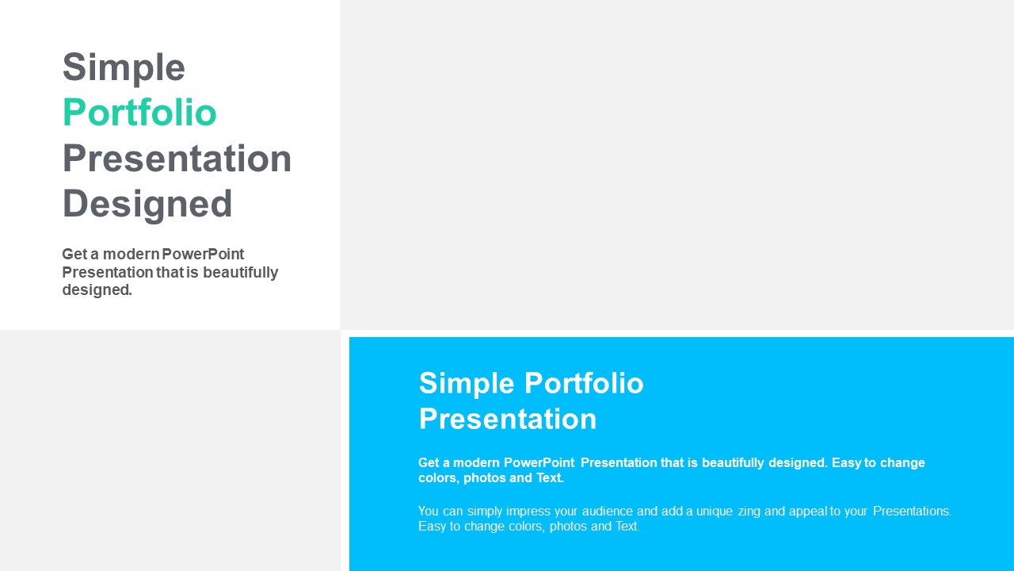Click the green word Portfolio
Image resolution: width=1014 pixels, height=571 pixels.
139,113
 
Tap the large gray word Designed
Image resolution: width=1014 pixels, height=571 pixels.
147,205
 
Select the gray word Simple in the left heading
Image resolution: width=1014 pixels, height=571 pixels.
124,68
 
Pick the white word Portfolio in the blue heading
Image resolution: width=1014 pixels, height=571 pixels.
584,382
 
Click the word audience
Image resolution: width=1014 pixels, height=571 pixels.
608,512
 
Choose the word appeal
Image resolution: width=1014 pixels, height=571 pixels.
807,512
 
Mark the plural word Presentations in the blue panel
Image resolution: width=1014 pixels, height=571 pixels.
912,512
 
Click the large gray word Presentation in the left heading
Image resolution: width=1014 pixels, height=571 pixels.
177,158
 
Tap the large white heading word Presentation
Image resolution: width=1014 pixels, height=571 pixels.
508,418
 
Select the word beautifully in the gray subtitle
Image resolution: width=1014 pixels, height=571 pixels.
240,273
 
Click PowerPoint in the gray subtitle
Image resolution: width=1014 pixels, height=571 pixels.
203,255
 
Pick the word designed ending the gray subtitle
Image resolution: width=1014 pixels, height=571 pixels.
97,290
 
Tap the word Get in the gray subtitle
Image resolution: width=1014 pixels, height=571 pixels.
74,255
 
